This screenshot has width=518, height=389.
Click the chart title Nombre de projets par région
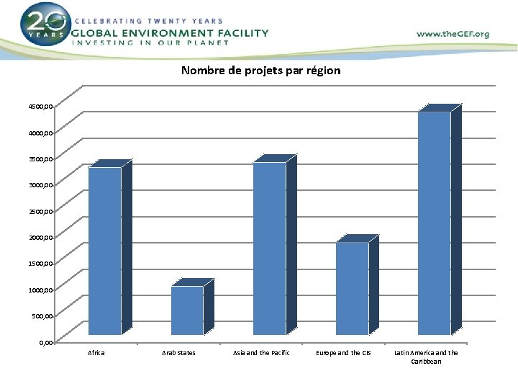[x=260, y=71]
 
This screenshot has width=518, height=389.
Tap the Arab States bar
[x=187, y=310]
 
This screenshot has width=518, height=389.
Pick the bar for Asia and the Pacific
[x=270, y=249]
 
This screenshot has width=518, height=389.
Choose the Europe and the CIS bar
[x=352, y=288]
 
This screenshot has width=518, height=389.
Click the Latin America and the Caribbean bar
[x=435, y=223]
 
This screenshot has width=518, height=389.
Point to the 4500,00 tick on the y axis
[x=40, y=107]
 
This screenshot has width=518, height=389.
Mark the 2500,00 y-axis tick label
[x=40, y=211]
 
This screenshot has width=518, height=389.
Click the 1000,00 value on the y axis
[x=40, y=290]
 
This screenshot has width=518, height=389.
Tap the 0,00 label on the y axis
[x=45, y=342]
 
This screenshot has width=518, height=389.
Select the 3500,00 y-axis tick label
[x=40, y=158]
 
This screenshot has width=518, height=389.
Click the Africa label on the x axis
[x=96, y=353]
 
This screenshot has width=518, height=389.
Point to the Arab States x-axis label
[x=178, y=353]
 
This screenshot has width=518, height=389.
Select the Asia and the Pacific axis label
[x=261, y=353]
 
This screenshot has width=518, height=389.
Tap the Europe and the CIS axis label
[x=344, y=353]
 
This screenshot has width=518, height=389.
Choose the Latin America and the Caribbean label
[x=426, y=357]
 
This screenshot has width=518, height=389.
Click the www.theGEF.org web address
[x=453, y=34]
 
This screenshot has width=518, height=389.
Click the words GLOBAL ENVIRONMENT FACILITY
[x=170, y=32]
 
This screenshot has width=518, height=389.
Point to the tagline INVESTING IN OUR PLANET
[x=150, y=43]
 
